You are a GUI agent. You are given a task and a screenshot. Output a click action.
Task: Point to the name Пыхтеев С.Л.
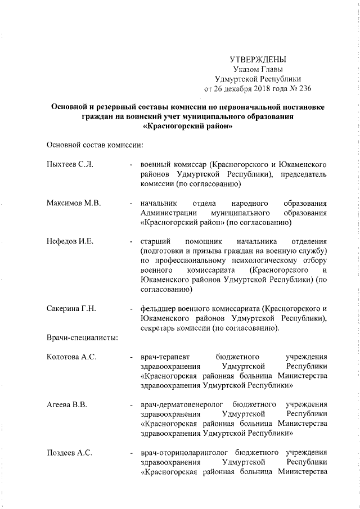69,164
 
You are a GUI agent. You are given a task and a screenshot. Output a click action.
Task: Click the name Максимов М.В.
73,202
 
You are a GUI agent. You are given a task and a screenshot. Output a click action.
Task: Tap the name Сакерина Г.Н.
71,309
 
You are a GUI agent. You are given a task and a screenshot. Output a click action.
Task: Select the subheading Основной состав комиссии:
94,145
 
